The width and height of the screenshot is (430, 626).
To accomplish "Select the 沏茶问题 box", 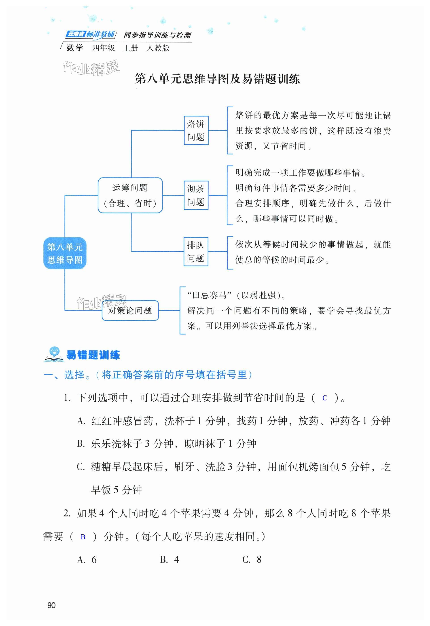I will point(196,195).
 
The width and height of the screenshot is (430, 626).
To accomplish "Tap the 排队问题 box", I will point(196,252).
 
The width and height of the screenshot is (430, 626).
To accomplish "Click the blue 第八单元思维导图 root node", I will point(65,253).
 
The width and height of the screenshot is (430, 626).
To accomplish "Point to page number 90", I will point(51,605).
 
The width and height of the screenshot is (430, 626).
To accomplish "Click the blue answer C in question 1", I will point(325,398).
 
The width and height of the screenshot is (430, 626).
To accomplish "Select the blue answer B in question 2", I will point(83,537).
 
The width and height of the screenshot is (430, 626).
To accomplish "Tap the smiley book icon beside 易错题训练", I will point(54,354).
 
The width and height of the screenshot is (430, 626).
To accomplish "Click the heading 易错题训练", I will point(93,355).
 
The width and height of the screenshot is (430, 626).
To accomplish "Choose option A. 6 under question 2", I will point(87,560).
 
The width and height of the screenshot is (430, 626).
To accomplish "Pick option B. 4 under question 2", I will point(169,560).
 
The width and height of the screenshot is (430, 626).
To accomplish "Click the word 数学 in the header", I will point(75,48).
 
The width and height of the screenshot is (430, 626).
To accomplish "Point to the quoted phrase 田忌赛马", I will point(210,295).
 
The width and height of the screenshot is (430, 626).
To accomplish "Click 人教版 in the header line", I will point(158,48).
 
